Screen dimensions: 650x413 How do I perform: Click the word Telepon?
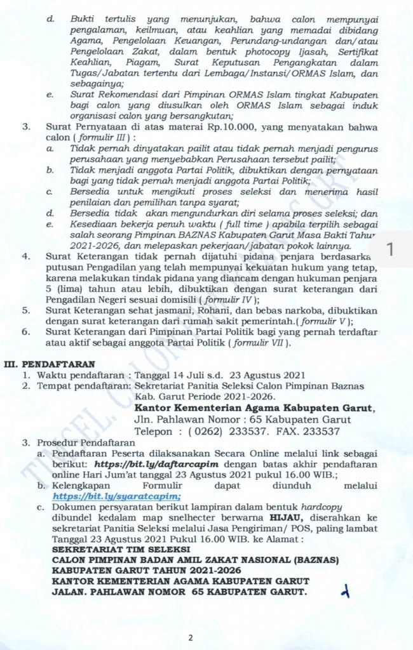tap(155, 431)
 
